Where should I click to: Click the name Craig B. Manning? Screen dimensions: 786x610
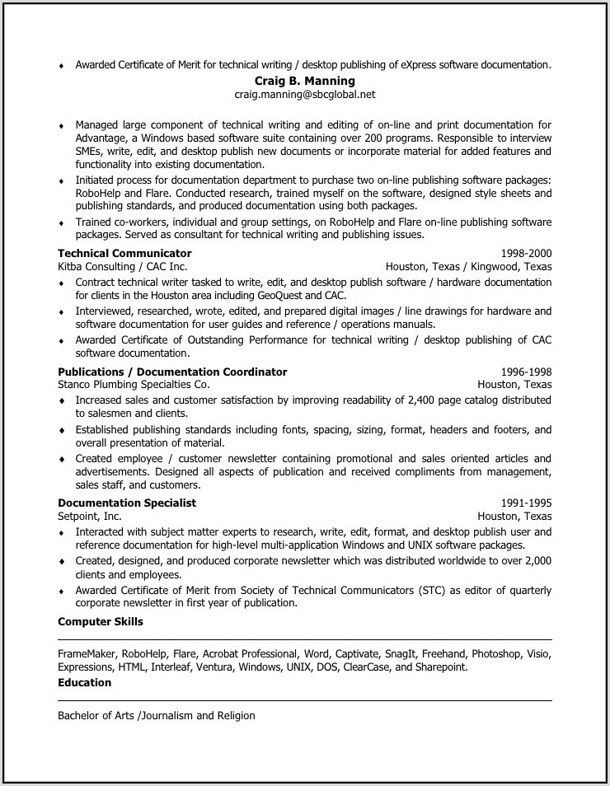pyautogui.click(x=305, y=81)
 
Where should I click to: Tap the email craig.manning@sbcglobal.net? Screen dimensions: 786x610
pyautogui.click(x=305, y=95)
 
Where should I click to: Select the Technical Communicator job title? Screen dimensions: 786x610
pyautogui.click(x=124, y=253)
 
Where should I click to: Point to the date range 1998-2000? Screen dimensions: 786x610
pyautogui.click(x=526, y=253)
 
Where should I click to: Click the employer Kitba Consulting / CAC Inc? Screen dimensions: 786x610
pyautogui.click(x=122, y=266)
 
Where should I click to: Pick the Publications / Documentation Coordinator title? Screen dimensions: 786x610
pyautogui.click(x=172, y=372)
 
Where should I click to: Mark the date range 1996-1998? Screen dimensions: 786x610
pyautogui.click(x=526, y=372)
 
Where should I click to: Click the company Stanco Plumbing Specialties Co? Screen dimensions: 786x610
pyautogui.click(x=134, y=384)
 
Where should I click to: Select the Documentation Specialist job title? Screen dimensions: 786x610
pyautogui.click(x=127, y=503)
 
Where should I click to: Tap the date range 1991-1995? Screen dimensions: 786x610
pyautogui.click(x=526, y=503)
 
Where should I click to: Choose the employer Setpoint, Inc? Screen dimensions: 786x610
pyautogui.click(x=90, y=516)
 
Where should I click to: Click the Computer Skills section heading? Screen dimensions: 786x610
pyautogui.click(x=101, y=621)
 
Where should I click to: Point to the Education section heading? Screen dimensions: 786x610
pyautogui.click(x=84, y=682)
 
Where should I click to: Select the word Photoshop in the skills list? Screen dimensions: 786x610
pyautogui.click(x=495, y=653)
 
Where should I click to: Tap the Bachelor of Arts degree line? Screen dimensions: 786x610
pyautogui.click(x=157, y=715)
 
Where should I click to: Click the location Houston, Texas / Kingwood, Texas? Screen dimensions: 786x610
pyautogui.click(x=468, y=266)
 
